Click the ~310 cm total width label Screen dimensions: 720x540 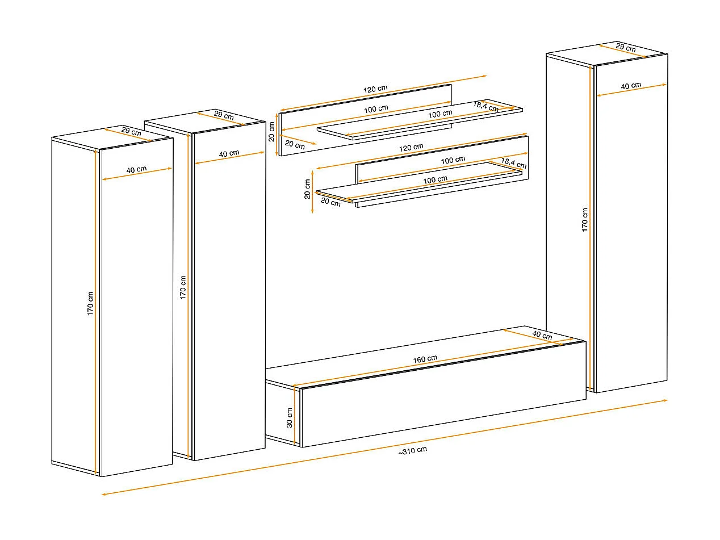(x=413, y=451)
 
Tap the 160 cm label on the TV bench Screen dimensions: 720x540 (x=425, y=359)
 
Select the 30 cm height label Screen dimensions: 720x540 (x=290, y=418)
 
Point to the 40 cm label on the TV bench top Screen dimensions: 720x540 (x=542, y=335)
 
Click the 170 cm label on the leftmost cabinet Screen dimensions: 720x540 (x=90, y=304)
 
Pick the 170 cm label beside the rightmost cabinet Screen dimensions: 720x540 (x=584, y=220)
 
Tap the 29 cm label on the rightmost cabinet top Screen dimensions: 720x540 (x=626, y=48)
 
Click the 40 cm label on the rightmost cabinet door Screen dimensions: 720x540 (x=631, y=86)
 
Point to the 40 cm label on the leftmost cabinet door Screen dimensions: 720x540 (x=136, y=169)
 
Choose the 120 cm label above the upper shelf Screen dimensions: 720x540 (x=375, y=89)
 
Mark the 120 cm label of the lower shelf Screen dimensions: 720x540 (x=411, y=148)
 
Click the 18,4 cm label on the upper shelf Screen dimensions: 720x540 (x=486, y=106)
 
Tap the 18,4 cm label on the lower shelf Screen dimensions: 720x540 (x=514, y=163)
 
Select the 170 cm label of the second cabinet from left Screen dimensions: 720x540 (x=183, y=287)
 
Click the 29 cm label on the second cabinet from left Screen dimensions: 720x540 (x=224, y=115)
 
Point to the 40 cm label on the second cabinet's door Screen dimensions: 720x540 (x=229, y=153)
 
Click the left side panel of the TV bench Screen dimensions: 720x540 (x=282, y=412)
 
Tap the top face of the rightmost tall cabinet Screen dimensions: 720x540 (x=607, y=54)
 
